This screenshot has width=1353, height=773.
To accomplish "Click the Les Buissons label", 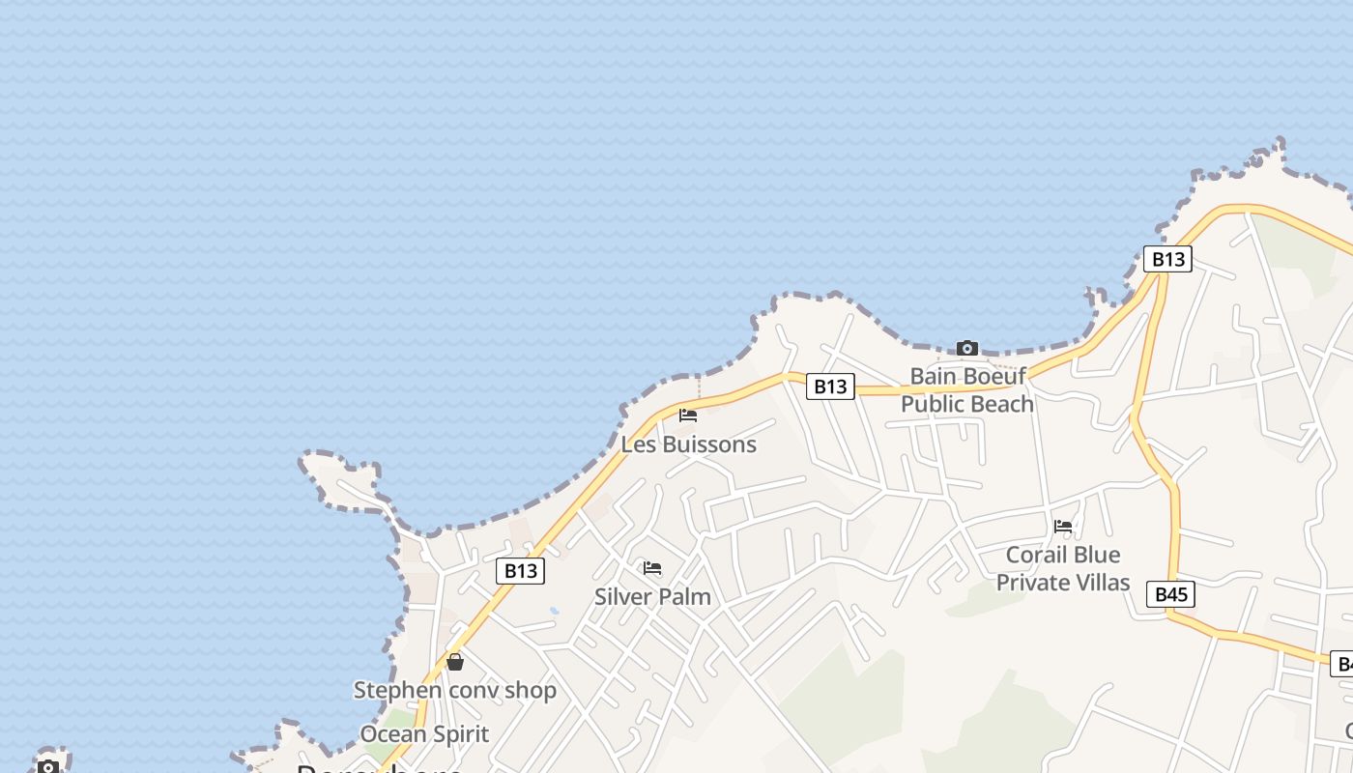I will pos(688,444).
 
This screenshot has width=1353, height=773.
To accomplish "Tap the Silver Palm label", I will pos(652,596).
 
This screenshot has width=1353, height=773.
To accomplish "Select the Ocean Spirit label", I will pos(424,733).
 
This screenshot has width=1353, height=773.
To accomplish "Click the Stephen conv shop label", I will pos(454,690).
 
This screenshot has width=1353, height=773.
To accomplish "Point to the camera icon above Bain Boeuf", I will pos(966,348).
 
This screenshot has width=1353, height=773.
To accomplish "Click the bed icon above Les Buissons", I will pos(688,415).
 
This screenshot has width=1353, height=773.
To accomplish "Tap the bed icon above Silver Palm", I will pos(652,568).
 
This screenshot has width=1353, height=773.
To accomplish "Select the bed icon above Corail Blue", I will pos(1063,527).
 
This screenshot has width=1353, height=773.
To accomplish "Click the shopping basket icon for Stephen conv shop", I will pos(455,662).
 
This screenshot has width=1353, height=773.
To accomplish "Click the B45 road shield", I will pos(1170,593).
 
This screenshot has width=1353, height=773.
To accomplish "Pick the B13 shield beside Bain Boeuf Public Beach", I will pos(830,386).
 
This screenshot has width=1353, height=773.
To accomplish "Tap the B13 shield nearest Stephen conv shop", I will pos(520,570).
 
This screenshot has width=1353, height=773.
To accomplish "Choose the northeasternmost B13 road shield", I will pos(1167,259).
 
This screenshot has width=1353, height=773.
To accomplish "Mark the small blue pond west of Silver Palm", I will pos(554,611).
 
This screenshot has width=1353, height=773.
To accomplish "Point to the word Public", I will pos(934,404).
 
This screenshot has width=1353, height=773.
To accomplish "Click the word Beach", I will pos(1003,404).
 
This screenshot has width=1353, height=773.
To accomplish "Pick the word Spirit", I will pos(456,733).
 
